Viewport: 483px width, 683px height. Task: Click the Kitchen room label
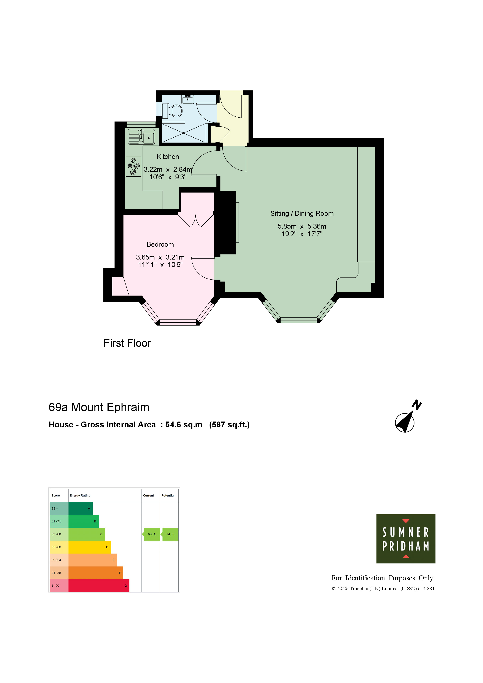point(168,157)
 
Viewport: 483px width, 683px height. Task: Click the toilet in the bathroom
point(173,111)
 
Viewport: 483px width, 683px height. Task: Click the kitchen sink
point(141,137)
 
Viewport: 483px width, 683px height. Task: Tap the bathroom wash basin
point(188,99)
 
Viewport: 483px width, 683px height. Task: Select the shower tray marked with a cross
point(184,133)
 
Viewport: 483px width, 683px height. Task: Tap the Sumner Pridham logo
point(406,539)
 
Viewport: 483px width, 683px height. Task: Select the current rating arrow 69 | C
point(152,534)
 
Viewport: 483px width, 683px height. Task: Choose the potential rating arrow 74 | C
point(170,534)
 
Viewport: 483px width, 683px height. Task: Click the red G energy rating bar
point(99,586)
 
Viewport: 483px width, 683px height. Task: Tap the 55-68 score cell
point(59,547)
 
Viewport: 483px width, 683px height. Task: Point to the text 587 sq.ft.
point(229,425)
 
